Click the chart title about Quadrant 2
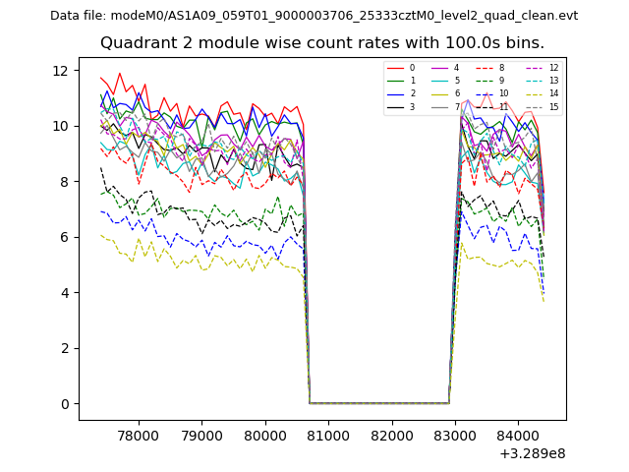coord(321,43)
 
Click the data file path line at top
coord(314,16)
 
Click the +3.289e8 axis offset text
coord(532,454)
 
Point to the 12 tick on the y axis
coord(60,71)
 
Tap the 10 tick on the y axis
coord(60,126)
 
